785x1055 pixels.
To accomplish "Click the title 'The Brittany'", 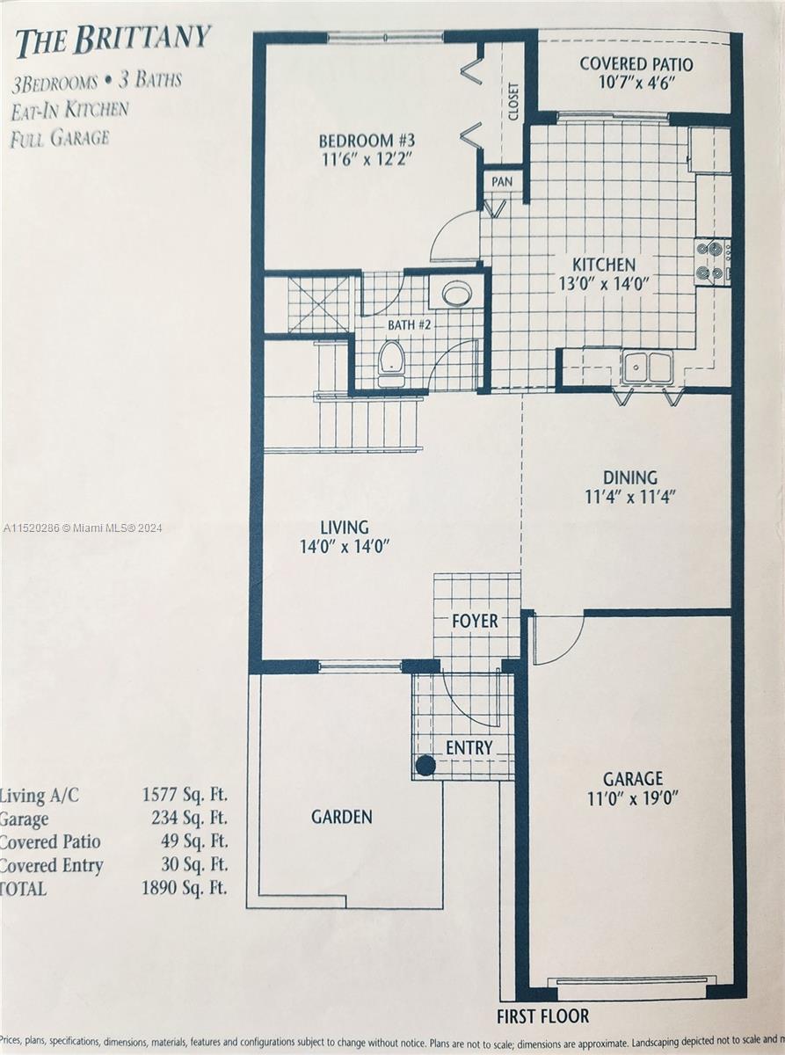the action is (x=113, y=43).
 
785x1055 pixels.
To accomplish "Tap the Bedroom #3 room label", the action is (x=367, y=141).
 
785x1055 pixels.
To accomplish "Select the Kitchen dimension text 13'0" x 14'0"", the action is (x=604, y=284).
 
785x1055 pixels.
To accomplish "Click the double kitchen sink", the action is (x=648, y=366).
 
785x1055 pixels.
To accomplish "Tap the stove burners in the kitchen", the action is (x=712, y=261).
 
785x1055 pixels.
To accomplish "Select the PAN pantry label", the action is (x=502, y=182).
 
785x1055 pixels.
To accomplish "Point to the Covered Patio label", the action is (x=636, y=63).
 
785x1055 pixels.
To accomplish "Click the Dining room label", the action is (x=630, y=477).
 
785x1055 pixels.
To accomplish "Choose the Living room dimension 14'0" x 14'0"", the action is (x=345, y=548).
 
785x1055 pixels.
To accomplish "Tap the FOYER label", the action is (x=475, y=621).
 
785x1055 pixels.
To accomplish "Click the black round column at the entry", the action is (x=425, y=766).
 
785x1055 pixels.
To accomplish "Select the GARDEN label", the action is (x=342, y=817).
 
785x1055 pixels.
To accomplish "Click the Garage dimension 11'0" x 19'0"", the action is (x=632, y=797).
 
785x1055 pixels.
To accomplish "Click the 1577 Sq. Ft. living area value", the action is (x=185, y=795).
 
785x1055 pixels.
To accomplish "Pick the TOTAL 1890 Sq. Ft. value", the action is (x=185, y=888).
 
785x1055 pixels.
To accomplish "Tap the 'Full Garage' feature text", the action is (x=61, y=138).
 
